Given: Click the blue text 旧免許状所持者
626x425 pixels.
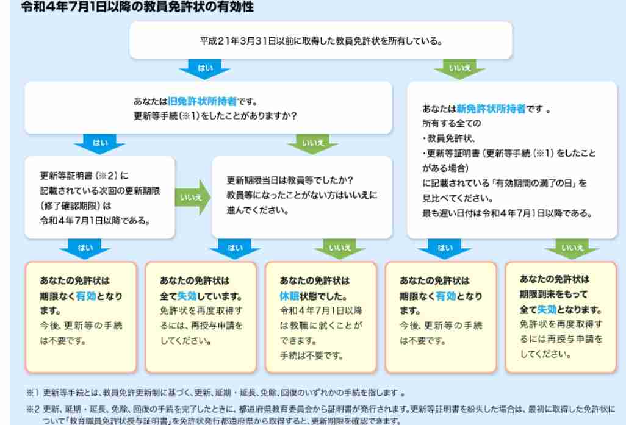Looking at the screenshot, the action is pos(202,101).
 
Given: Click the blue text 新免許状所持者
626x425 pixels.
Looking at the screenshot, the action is pos(491,109).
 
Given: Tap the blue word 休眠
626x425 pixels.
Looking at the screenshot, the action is pos(289,296).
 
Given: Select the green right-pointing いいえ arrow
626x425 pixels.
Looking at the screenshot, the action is pos(192,197).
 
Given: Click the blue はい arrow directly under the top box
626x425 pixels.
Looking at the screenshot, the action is pos(205,69).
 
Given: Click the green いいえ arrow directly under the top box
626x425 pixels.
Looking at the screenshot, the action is pos(459,69).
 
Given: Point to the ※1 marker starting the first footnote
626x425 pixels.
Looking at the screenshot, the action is pos(32,393).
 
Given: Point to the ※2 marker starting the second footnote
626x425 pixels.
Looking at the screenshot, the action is pos(32,409).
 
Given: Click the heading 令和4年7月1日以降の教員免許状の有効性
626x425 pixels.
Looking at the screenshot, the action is pos(137,6).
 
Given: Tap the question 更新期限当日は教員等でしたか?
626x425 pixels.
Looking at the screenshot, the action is pos(290,180).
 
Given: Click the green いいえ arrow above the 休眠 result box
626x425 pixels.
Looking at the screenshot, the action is pos(340,249).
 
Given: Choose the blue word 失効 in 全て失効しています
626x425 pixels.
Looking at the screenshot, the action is pos(187,296).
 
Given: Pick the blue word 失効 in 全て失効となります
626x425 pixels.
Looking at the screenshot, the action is pos(547,310).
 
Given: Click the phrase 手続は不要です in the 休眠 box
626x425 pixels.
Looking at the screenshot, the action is pos(311,355).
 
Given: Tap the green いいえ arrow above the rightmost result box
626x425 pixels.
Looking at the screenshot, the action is pos(572,249).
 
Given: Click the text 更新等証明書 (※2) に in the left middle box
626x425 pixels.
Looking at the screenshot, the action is pos(84,176).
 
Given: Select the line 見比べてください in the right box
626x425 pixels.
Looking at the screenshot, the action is pos(458,198).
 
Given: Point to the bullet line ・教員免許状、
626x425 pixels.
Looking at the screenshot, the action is pos(449,138).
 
